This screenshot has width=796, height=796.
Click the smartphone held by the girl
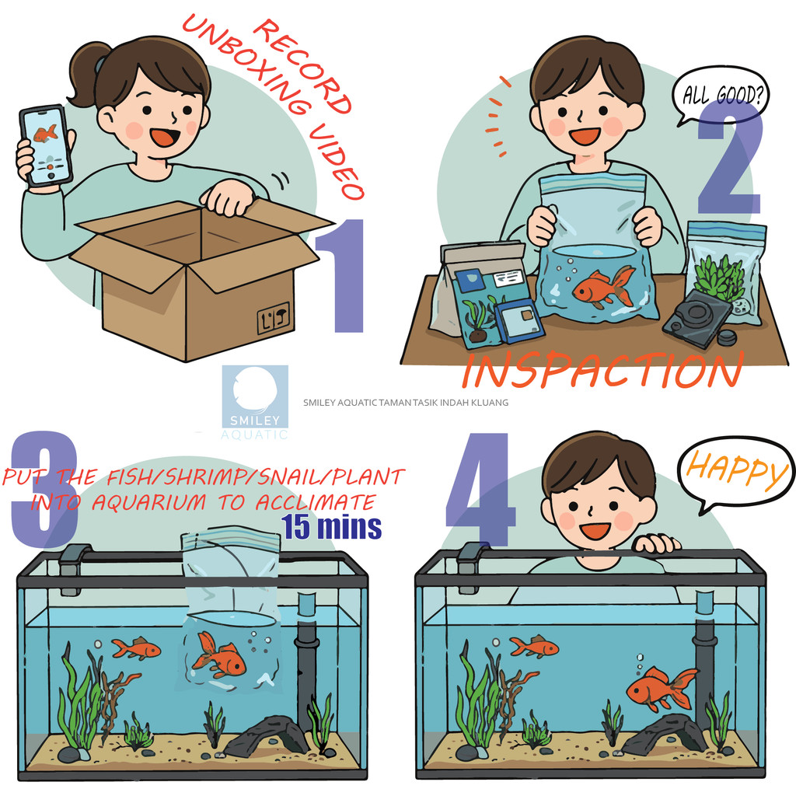(x=45, y=147)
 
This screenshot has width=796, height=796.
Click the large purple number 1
(x=341, y=276)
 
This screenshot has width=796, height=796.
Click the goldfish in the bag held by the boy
(x=603, y=286)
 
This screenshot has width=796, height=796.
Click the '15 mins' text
(x=331, y=526)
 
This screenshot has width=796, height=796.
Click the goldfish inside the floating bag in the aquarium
(x=218, y=655)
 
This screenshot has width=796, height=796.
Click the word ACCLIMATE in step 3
(x=315, y=502)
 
